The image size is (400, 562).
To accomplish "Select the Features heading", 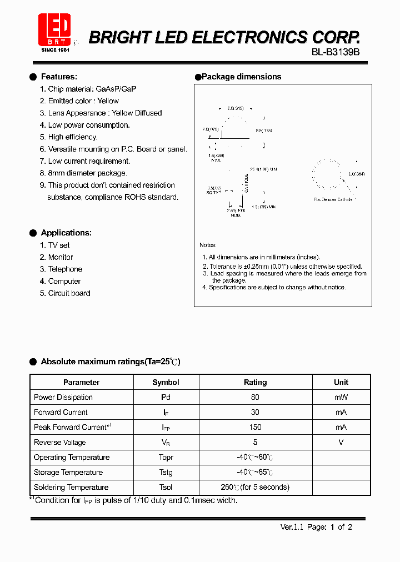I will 59,77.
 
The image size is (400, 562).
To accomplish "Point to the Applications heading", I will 66,233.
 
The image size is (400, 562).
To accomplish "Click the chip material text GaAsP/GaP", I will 116,89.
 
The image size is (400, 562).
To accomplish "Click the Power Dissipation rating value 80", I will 255,397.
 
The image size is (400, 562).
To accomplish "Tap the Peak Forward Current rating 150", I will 255,427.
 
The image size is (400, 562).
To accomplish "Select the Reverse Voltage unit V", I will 341,442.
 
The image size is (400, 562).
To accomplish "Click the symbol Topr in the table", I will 166,457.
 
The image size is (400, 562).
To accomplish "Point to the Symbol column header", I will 166,382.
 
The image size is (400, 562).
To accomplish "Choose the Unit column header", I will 341,382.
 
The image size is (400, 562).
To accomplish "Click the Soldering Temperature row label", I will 71,487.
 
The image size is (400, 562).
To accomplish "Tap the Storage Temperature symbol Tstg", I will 166,472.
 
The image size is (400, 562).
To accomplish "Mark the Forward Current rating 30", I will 255,412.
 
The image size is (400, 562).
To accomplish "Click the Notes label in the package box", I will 208,245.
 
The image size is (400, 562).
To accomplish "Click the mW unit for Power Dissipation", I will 341,397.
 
